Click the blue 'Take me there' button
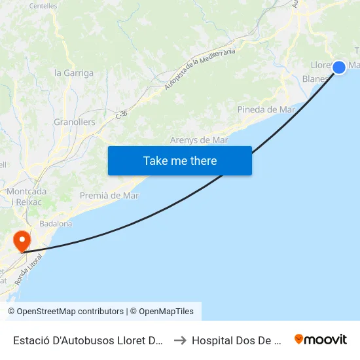tap(180, 160)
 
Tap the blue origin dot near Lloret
tap(339, 67)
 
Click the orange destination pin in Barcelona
tap(22, 240)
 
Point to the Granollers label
tap(75, 122)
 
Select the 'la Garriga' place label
tap(74, 73)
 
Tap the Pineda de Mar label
tap(266, 109)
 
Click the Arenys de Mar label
tap(199, 140)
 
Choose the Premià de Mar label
tap(109, 196)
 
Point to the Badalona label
tap(56, 224)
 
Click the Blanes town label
tap(315, 79)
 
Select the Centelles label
tap(43, 6)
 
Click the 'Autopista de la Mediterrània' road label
tap(200, 71)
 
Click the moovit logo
tap(320, 339)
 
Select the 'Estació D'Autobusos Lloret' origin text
tap(88, 340)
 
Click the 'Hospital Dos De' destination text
tap(236, 340)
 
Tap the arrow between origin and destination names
tap(179, 340)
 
